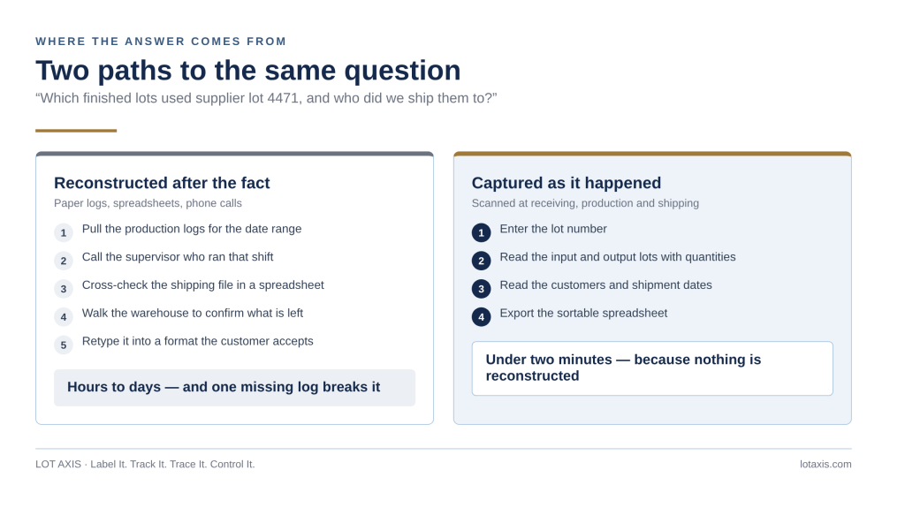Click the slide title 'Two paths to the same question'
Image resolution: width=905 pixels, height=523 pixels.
pos(248,71)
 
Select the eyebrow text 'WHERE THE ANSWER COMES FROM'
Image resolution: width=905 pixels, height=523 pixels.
pos(161,42)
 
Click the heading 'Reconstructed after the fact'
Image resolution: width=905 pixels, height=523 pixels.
pos(162,183)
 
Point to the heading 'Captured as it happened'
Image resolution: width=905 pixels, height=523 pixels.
pos(567,183)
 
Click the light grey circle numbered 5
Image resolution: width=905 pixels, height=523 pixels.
pos(64,345)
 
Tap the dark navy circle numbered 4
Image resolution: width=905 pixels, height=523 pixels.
pos(482,317)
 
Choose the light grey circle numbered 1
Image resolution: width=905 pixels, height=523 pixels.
pos(64,232)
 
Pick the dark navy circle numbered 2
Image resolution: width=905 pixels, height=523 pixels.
pos(482,261)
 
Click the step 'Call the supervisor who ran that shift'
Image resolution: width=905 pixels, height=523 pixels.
pos(178,257)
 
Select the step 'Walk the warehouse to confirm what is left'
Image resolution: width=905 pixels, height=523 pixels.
pos(192,313)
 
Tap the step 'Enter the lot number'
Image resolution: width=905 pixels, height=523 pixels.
pos(553,229)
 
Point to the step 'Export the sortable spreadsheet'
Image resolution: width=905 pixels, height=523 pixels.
pos(583,313)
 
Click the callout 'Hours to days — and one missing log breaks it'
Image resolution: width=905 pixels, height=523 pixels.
pos(234,387)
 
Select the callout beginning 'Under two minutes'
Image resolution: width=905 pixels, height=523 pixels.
pos(652,368)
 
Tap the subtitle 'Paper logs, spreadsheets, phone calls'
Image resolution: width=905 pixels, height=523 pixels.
pos(148,203)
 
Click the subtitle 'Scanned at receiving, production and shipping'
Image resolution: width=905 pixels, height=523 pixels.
pos(585,203)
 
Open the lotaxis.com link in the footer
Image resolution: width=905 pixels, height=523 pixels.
pos(825,464)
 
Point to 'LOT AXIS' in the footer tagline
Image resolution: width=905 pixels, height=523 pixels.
pos(58,464)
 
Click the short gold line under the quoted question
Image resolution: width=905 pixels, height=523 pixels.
pos(76,131)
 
